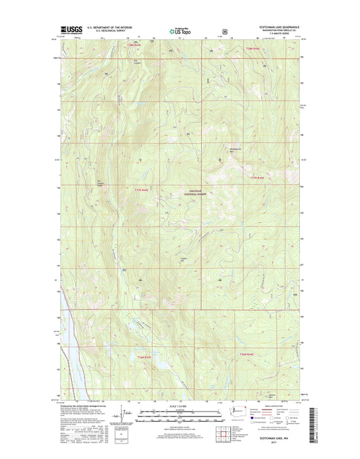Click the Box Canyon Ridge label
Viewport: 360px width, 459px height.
click(102, 182)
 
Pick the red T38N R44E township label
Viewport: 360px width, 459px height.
click(253, 48)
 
